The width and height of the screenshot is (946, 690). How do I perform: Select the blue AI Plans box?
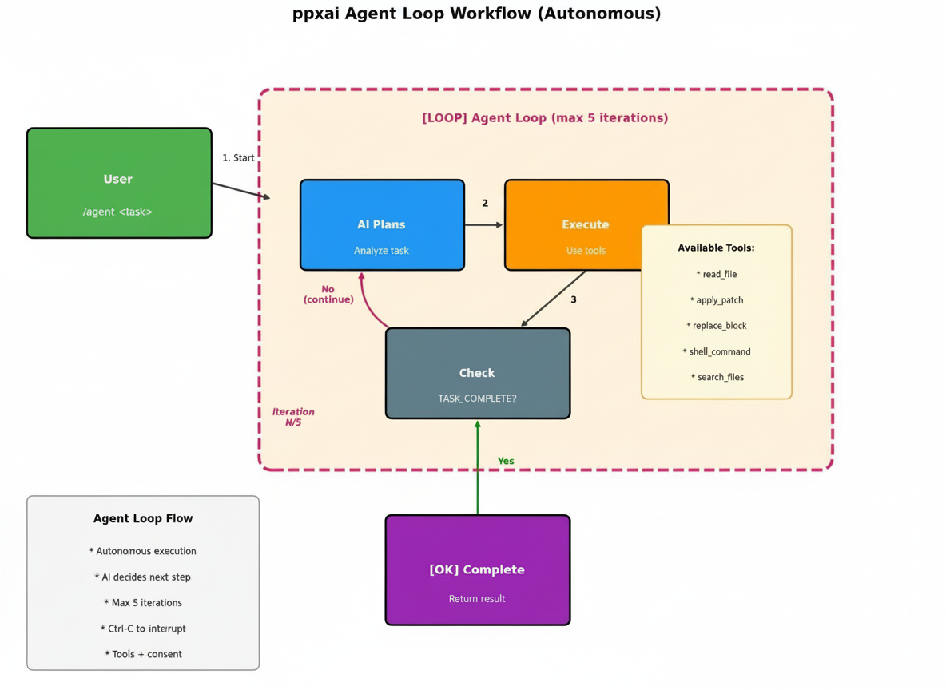(381, 224)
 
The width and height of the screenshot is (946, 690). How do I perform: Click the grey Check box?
(477, 373)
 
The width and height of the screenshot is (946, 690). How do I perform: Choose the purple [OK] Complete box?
(477, 569)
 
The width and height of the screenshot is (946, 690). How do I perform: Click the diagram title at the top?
(476, 14)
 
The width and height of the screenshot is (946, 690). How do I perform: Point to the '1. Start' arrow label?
(238, 157)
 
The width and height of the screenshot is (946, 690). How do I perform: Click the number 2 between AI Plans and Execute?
(484, 204)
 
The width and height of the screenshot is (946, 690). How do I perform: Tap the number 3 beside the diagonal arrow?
(573, 299)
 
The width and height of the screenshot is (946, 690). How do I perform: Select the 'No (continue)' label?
(328, 295)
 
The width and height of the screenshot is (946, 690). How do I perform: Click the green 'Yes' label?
(506, 461)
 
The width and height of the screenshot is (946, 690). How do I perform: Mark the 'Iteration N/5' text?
(293, 417)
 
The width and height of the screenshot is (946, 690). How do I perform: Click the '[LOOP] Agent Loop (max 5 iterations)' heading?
(545, 118)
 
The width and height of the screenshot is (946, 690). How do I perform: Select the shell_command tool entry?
(717, 351)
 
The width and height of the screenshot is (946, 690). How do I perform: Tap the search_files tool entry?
(717, 377)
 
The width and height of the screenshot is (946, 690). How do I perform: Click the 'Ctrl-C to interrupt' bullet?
(143, 629)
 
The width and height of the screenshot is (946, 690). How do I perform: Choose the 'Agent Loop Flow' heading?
(143, 518)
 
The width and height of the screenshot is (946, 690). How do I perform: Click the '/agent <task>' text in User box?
(117, 212)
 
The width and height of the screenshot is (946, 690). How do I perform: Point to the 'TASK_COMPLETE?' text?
(477, 398)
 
